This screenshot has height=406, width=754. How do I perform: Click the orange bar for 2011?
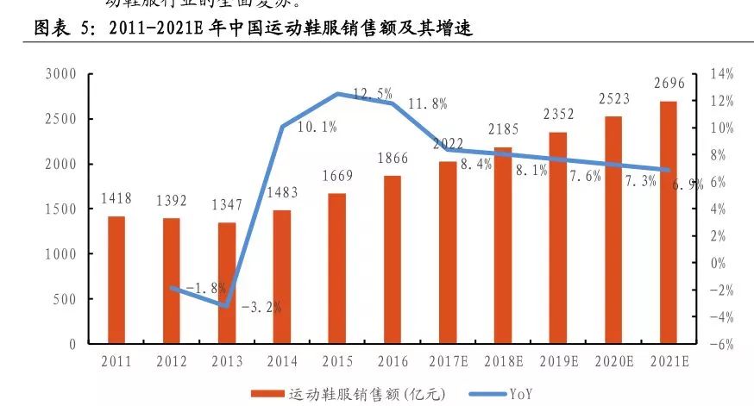[116, 280]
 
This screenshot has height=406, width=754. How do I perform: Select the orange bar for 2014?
[281, 277]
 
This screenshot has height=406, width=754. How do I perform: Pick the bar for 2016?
[392, 259]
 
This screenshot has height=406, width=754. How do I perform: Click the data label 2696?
[669, 83]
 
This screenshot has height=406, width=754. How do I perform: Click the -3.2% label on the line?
[260, 306]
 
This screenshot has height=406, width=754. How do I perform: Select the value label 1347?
[226, 204]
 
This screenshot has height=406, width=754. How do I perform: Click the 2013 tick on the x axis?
[226, 361]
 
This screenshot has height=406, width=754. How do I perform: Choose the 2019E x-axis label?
[559, 361]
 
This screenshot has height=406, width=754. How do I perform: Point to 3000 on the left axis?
[60, 74]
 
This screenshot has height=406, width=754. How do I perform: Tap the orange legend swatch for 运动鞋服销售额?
[272, 394]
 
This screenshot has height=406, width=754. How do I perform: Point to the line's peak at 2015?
[337, 93]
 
